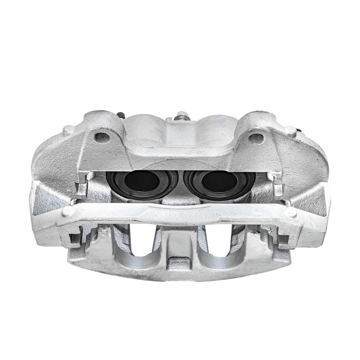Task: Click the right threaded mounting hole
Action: click(256, 138)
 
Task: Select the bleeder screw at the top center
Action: click(180, 116)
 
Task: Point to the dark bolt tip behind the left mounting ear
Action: click(120, 115)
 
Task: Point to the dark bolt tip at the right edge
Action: click(299, 131)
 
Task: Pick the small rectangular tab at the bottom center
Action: click(179, 262)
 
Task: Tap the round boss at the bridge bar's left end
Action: click(67, 211)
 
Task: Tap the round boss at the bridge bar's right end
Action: click(291, 212)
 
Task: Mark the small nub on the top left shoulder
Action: click(68, 130)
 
